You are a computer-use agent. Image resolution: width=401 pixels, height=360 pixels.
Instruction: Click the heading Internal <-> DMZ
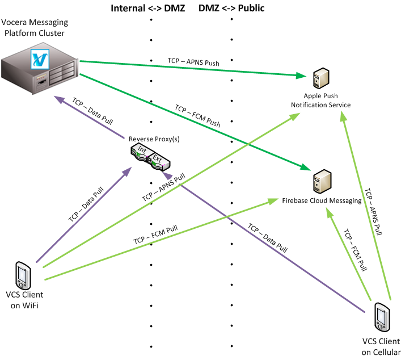pos(148,9)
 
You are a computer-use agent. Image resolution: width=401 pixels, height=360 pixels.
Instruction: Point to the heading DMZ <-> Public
pos(232,9)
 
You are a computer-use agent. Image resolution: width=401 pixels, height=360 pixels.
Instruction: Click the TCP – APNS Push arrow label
pos(193,60)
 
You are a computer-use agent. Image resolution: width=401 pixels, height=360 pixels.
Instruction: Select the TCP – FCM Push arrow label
pos(197,115)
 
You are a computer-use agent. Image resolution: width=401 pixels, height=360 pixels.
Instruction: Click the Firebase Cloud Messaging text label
pos(322,201)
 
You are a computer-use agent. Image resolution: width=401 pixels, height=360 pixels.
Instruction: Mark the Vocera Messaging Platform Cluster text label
pos(35,28)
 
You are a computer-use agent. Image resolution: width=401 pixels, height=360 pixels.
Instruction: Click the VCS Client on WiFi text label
pos(24,300)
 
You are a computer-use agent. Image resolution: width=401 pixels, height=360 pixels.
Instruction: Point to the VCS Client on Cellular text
pos(381,347)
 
